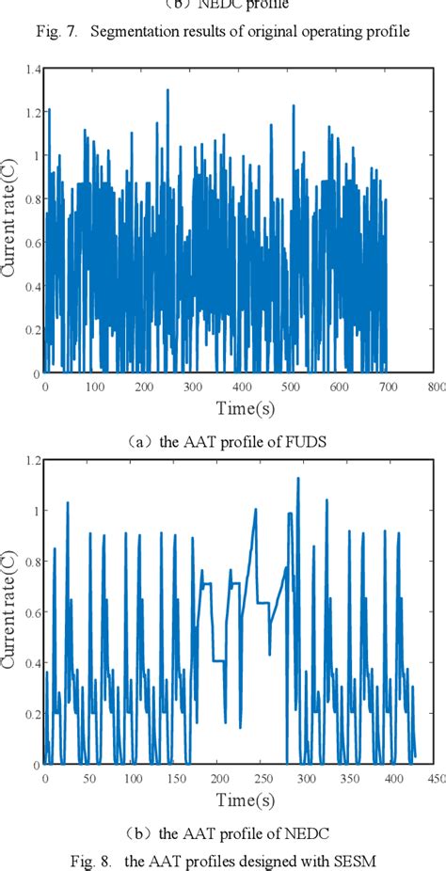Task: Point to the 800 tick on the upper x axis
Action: pos(436,386)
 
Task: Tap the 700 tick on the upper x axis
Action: pos(387,386)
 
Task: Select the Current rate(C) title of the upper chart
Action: pos(8,222)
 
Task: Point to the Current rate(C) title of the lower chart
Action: pos(8,614)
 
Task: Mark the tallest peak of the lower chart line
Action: pos(297,478)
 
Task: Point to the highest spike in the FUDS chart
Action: pos(167,90)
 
